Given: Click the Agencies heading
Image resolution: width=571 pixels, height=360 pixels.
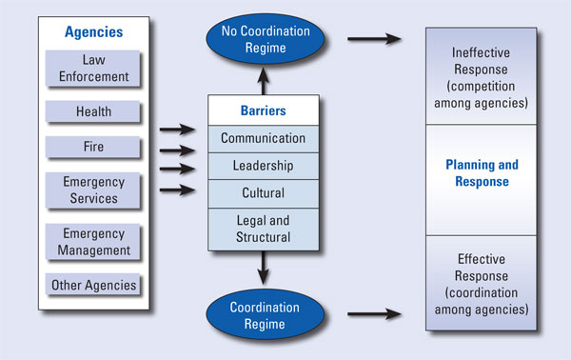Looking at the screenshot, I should (x=93, y=31).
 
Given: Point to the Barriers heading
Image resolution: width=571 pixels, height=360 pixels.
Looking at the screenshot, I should (x=262, y=110).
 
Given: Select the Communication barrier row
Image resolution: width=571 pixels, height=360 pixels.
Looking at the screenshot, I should (x=262, y=138).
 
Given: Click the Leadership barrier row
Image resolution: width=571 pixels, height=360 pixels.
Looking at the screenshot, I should (x=262, y=166).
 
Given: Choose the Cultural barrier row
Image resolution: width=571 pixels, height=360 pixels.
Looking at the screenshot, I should (x=262, y=193).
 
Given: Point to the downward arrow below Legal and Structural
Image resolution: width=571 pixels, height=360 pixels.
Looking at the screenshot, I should (x=262, y=270).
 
